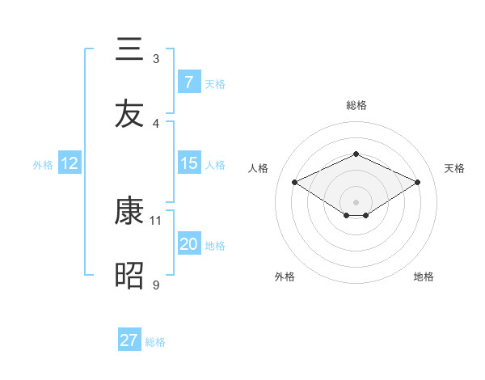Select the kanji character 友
[x=129, y=113]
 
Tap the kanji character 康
[x=129, y=212]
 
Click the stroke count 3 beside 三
[x=156, y=59]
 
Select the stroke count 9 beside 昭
[x=156, y=285]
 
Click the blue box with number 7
[x=188, y=82]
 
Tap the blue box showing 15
[x=188, y=163]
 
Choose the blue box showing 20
[x=188, y=244]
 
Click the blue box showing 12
[x=69, y=163]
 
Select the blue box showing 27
[x=129, y=340]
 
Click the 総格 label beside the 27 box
[x=155, y=342]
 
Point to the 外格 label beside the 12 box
[x=43, y=165]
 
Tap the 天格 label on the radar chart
[x=454, y=168]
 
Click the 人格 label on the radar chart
[x=259, y=168]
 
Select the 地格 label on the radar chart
[x=424, y=277]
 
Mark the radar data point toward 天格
[x=417, y=183]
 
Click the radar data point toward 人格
[x=294, y=183]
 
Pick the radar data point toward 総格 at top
[x=356, y=154]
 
